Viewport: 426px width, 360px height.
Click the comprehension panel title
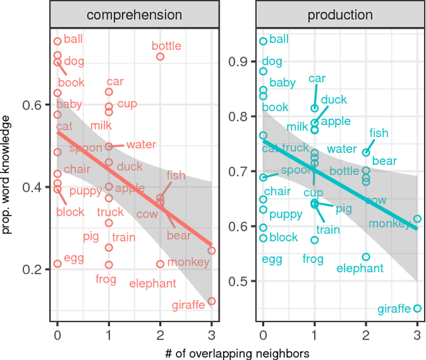pos(134,14)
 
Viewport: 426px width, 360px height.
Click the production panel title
pos(340,14)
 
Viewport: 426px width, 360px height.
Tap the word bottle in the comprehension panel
pos(166,46)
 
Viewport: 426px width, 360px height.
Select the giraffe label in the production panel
pos(394,309)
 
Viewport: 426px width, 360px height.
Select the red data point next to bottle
pos(160,57)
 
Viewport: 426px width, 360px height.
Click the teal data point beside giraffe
pos(417,309)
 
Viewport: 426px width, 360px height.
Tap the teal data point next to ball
pos(263,41)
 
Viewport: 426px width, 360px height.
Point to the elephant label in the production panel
pos(360,268)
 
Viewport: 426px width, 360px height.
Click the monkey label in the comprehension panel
pos(188,262)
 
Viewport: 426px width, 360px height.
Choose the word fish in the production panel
pos(379,133)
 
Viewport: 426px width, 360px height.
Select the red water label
pos(140,144)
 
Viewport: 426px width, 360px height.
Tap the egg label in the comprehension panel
pos(73,258)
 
